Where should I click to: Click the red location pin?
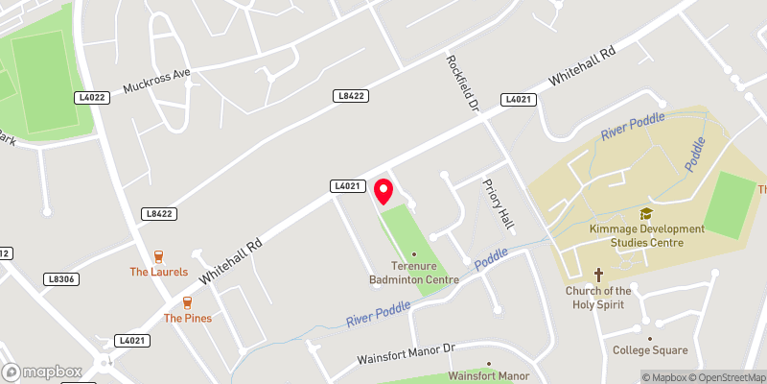coord(383,190)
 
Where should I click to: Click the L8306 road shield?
coord(59,278)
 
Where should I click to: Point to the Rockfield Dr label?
coord(459,84)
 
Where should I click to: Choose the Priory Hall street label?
coord(500,204)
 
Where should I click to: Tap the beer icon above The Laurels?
coord(159,256)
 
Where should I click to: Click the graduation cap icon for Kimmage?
coord(646,213)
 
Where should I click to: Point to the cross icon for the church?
coord(598,274)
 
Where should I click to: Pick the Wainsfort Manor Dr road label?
coord(405,355)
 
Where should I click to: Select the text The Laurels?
coord(159,272)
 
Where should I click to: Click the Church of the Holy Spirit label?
coord(598,297)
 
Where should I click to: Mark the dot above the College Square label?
coord(649,338)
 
